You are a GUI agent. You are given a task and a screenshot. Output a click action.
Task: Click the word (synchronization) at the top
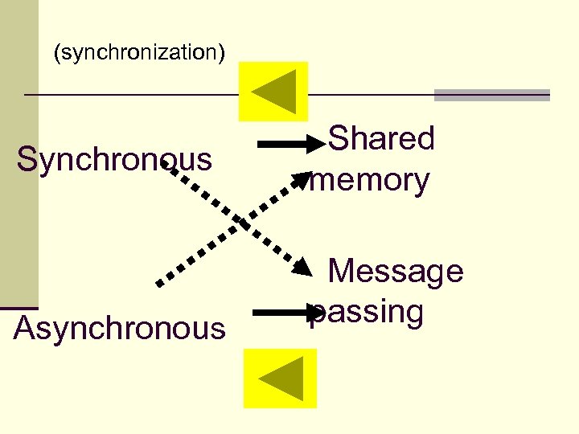click(x=139, y=53)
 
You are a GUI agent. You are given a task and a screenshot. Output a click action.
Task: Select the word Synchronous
click(x=114, y=159)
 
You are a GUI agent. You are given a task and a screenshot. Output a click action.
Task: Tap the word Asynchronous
click(x=120, y=329)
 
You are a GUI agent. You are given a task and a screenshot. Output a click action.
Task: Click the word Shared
click(x=382, y=138)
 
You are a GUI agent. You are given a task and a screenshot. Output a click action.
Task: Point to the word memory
click(x=369, y=180)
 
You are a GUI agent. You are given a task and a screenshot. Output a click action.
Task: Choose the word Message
click(x=396, y=271)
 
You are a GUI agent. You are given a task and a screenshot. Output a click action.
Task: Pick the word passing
click(x=368, y=312)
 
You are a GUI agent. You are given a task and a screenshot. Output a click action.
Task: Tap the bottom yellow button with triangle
click(x=280, y=379)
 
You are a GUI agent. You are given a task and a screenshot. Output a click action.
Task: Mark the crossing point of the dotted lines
click(x=234, y=221)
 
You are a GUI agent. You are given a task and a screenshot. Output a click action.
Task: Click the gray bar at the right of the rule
click(x=491, y=95)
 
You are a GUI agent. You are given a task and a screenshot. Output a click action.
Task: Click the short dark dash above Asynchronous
click(x=18, y=308)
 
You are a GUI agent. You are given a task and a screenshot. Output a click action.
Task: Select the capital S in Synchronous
click(x=27, y=159)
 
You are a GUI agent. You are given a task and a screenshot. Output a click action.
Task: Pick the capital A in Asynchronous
click(x=25, y=329)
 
